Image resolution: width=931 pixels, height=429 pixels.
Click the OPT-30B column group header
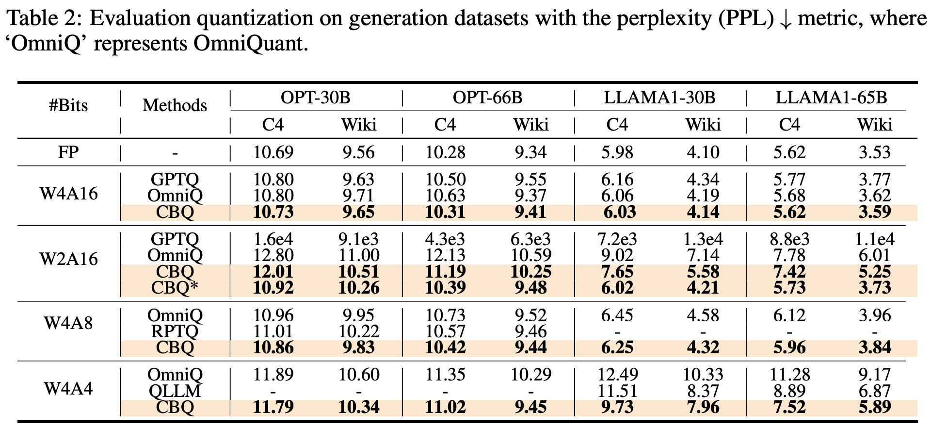(315, 98)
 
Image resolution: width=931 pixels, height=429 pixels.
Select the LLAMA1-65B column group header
(831, 98)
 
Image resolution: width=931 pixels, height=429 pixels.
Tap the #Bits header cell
(68, 105)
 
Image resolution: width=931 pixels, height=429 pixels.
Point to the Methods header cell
(175, 105)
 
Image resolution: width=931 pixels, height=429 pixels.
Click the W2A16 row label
(68, 259)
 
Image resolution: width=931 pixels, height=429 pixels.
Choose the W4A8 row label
(68, 323)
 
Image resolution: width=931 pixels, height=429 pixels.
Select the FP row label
(68, 152)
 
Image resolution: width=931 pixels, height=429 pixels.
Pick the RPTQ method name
(175, 331)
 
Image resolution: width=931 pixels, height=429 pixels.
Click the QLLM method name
(175, 391)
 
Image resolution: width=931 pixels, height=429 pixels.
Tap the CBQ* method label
(175, 288)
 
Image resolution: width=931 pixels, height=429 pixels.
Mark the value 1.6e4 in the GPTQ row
(273, 239)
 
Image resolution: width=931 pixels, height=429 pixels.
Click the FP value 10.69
(273, 152)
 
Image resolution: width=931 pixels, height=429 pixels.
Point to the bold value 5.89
(874, 407)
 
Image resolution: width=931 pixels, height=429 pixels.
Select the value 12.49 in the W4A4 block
(617, 375)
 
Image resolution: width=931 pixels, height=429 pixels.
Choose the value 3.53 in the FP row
(874, 152)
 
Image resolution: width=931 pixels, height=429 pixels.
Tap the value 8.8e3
(789, 239)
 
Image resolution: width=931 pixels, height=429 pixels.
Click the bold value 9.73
(617, 407)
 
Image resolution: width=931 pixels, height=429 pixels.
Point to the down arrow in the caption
(785, 19)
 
